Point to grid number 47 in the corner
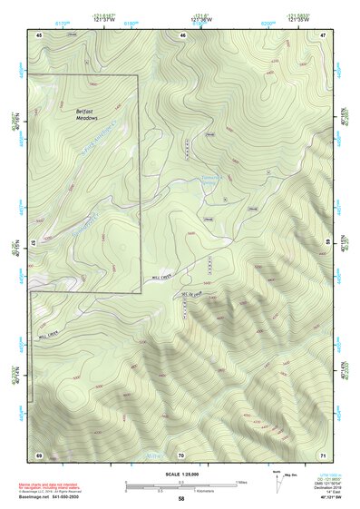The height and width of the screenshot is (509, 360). pos(324,34)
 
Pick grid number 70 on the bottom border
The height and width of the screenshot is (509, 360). pos(181,454)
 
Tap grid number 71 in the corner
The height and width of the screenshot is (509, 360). pos(324,454)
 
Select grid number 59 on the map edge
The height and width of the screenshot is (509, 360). pos(327,242)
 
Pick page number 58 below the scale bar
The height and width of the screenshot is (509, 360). pos(181,500)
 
